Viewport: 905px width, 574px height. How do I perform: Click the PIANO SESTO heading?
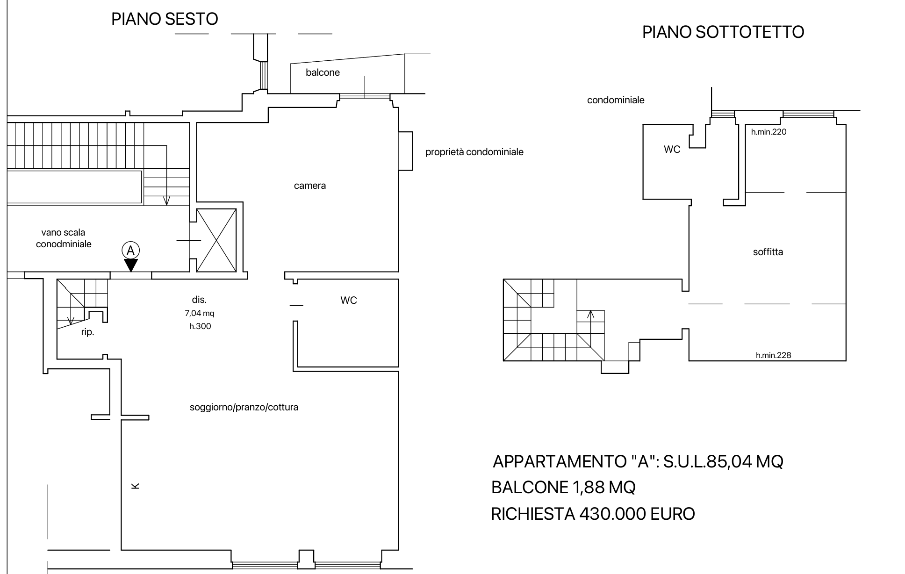click(x=165, y=19)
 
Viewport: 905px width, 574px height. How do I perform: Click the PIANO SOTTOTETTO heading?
click(x=723, y=32)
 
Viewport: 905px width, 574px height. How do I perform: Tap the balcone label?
click(x=323, y=72)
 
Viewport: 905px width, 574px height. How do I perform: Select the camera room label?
click(x=310, y=186)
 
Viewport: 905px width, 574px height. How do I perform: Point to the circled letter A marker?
click(x=131, y=251)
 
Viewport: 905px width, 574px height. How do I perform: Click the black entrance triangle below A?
click(x=131, y=265)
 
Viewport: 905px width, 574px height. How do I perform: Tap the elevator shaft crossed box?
click(x=216, y=240)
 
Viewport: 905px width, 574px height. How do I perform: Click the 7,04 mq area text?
click(x=200, y=313)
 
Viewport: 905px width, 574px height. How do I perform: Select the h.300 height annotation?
click(x=200, y=326)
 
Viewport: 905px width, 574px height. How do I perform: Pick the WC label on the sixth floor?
click(x=349, y=301)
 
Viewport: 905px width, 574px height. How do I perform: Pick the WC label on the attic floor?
click(x=672, y=150)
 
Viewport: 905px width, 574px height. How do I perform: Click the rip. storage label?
click(x=88, y=333)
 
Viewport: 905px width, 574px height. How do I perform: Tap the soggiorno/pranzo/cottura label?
click(x=244, y=407)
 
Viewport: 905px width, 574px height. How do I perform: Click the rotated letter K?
click(x=136, y=486)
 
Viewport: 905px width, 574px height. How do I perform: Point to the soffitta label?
click(x=768, y=252)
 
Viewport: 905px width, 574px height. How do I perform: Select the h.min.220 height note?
click(x=769, y=132)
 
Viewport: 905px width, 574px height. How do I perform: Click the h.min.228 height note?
click(x=774, y=355)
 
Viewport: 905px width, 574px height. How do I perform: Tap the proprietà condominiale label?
click(x=474, y=152)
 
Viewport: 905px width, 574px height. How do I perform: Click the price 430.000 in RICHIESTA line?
click(x=613, y=514)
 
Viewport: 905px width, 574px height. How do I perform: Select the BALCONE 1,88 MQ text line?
click(x=563, y=488)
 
